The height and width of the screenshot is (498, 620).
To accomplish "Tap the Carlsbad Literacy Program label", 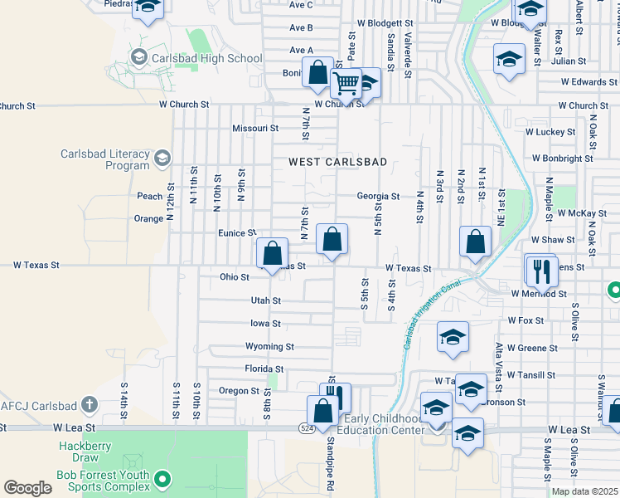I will (x=104, y=159).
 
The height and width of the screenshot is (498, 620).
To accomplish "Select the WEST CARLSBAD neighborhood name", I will (x=337, y=162).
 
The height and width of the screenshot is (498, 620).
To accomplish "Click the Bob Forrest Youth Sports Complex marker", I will (x=163, y=479).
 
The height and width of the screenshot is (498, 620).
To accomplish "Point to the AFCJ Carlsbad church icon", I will (x=90, y=406).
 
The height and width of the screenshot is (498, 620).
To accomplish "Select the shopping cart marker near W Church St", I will (x=346, y=83).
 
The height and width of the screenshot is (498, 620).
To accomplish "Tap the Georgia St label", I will (x=378, y=197).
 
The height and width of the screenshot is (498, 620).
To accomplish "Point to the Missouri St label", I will (x=254, y=129).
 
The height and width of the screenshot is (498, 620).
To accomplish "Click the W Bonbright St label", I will (x=562, y=158).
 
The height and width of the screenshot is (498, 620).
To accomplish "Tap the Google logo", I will (x=27, y=488).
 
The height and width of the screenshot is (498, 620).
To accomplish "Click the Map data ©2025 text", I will (x=584, y=491).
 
